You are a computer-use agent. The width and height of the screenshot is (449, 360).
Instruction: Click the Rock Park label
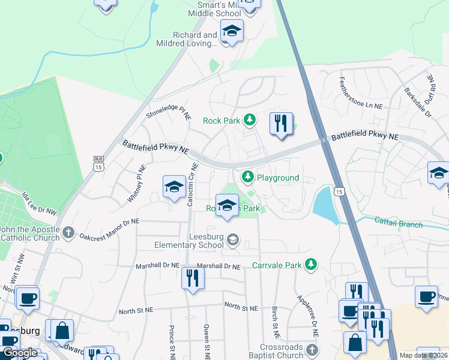tap(221, 121)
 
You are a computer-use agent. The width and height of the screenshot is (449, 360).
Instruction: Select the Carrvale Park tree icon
tap(310, 265)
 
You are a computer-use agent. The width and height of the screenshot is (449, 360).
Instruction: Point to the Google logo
tap(19, 353)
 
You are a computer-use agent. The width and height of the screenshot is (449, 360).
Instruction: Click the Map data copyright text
tap(423, 355)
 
